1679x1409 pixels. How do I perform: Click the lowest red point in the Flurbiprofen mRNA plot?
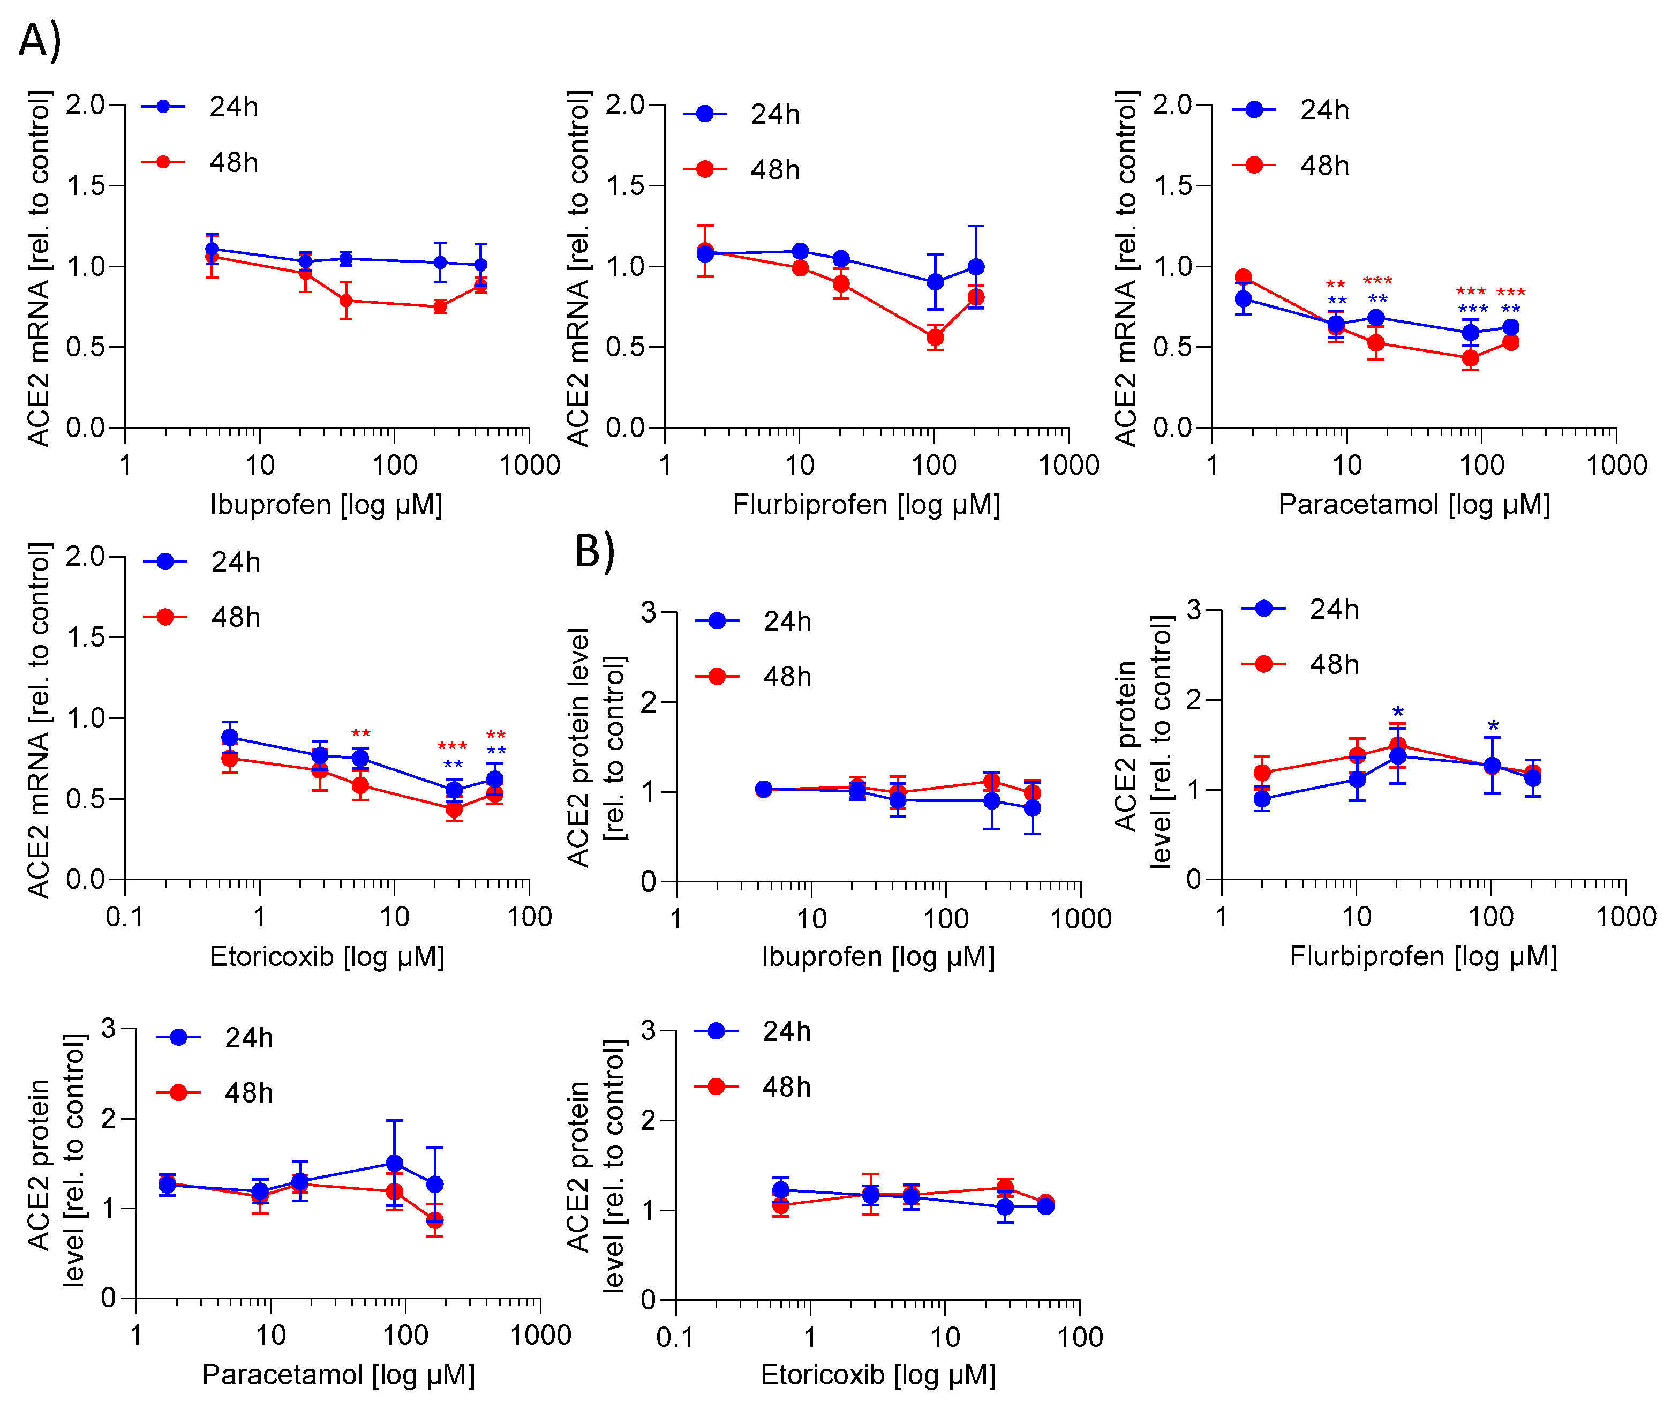point(935,338)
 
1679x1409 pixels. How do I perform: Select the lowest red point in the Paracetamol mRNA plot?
point(1470,358)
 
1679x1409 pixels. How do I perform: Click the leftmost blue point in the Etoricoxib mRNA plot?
point(229,737)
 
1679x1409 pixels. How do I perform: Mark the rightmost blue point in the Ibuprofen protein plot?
point(1032,808)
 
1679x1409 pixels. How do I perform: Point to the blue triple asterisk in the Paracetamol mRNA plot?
point(1472,310)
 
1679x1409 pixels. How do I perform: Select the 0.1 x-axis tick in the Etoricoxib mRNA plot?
point(125,917)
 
